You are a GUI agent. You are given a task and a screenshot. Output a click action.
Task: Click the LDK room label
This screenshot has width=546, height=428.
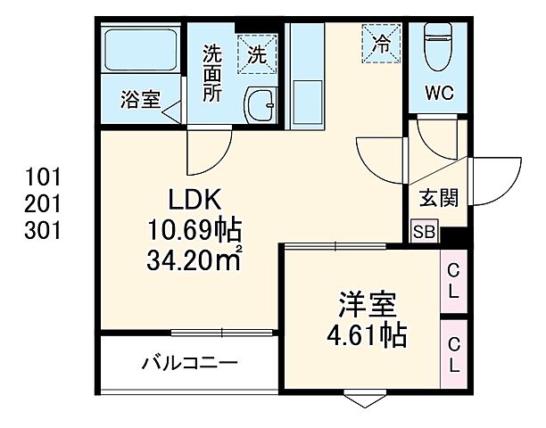point(189,198)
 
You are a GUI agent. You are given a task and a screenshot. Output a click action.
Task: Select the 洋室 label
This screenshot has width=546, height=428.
point(363,305)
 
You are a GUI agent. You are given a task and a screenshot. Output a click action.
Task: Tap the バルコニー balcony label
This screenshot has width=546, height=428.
point(189,364)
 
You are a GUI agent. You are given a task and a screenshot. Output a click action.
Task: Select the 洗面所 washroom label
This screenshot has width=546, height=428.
point(211,72)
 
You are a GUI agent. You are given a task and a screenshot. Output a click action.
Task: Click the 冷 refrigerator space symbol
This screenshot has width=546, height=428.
point(380,43)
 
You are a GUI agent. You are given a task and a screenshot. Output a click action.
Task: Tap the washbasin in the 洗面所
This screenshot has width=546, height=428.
point(260,108)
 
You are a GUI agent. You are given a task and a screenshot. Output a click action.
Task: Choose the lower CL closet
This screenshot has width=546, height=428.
point(452,354)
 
